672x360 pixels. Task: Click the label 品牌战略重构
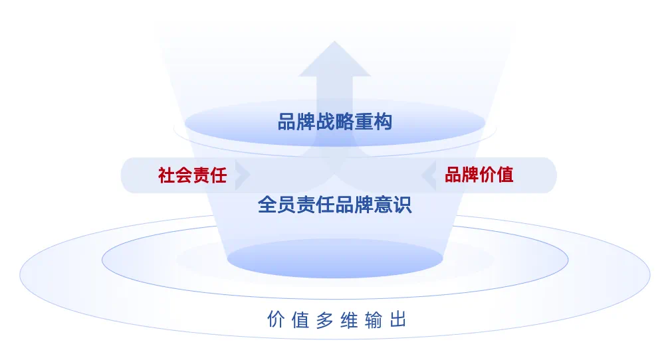[335, 122]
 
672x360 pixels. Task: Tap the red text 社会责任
[193, 175]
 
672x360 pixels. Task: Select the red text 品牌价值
[479, 175]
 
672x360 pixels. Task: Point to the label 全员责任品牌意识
[335, 205]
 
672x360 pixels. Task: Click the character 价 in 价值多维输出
[276, 319]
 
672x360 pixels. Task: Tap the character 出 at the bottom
[398, 319]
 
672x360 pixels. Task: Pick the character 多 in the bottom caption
[325, 319]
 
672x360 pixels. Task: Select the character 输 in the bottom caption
[374, 319]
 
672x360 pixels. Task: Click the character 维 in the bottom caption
[349, 319]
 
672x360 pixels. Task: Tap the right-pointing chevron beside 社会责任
[242, 175]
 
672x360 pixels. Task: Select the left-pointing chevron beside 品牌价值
[429, 175]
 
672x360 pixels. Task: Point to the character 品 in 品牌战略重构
[287, 122]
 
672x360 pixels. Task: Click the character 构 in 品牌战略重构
[383, 122]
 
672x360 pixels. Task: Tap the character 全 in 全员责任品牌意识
[267, 205]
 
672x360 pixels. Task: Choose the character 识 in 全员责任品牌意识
[402, 205]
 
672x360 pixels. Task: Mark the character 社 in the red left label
[167, 175]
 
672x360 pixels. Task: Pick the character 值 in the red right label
[505, 175]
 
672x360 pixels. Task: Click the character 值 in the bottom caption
[300, 319]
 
